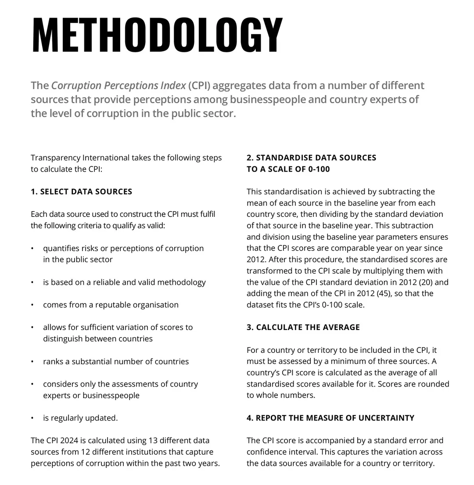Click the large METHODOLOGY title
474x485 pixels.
pos(157,35)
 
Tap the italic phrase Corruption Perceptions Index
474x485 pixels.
pos(118,85)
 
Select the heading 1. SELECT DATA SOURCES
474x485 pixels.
pos(81,191)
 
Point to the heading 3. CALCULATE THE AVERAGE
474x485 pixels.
pos(303,327)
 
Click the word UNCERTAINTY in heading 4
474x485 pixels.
pos(386,418)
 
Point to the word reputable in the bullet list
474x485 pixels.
pos(108,305)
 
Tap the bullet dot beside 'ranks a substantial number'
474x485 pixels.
pos(32,362)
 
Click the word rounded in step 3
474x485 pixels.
pos(434,384)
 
